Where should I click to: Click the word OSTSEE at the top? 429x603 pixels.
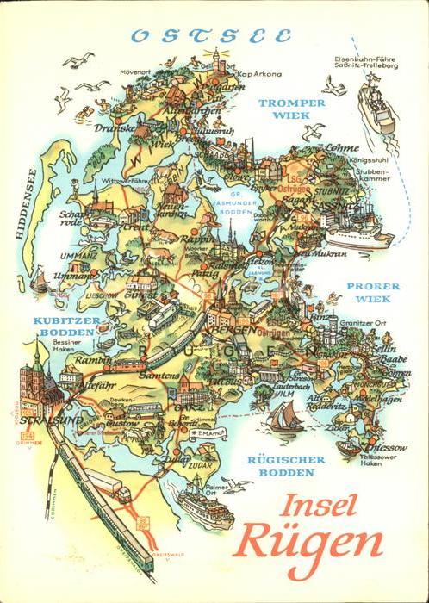pos(210,36)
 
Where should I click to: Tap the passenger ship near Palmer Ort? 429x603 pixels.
pos(206,509)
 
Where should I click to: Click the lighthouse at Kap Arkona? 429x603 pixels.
pos(216,59)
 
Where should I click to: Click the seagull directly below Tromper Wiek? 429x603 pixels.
pos(314,131)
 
